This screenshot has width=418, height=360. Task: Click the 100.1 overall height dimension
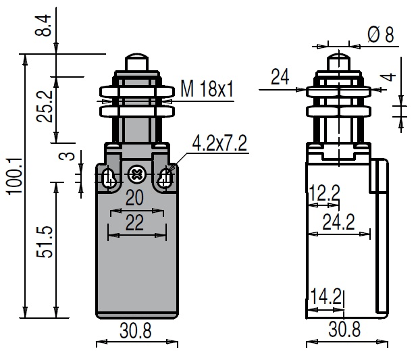pyautogui.click(x=14, y=176)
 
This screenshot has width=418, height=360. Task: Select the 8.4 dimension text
pyautogui.click(x=43, y=26)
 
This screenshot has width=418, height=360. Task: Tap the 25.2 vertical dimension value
pyautogui.click(x=45, y=107)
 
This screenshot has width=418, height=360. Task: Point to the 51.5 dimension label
pyautogui.click(x=45, y=242)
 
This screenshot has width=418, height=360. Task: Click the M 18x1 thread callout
pyautogui.click(x=207, y=88)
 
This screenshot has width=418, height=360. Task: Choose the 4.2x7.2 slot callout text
pyautogui.click(x=219, y=143)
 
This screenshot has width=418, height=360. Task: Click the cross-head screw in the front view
pyautogui.click(x=136, y=175)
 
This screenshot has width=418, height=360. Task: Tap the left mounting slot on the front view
pyautogui.click(x=109, y=178)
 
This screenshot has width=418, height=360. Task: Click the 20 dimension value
pyautogui.click(x=134, y=198)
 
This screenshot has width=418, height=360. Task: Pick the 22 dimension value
pyautogui.click(x=134, y=222)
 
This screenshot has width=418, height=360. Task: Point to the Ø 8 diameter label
pyautogui.click(x=381, y=34)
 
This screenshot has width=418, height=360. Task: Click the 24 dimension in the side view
pyautogui.click(x=280, y=77)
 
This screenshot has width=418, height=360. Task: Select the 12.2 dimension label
pyautogui.click(x=324, y=193)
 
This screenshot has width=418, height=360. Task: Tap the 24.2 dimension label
pyautogui.click(x=338, y=222)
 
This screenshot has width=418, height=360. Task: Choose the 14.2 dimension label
pyautogui.click(x=326, y=297)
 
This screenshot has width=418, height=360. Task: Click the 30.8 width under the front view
pyautogui.click(x=136, y=331)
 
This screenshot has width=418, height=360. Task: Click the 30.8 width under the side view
pyautogui.click(x=344, y=329)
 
